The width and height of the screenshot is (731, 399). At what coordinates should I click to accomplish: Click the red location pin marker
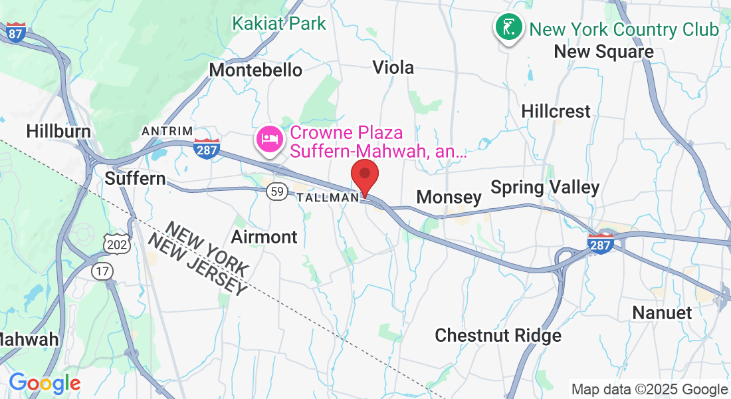(365, 176)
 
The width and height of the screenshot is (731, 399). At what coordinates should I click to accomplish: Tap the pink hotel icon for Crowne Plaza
(270, 140)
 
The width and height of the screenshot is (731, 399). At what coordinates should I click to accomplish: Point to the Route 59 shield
(277, 192)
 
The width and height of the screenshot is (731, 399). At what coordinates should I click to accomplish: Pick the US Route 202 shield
(113, 244)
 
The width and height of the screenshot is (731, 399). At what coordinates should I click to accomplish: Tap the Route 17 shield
(103, 271)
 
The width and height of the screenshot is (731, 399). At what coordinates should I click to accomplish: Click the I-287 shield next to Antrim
(207, 150)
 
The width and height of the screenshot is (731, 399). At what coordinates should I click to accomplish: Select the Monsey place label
(449, 197)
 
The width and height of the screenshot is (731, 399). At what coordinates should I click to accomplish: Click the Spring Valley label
(545, 188)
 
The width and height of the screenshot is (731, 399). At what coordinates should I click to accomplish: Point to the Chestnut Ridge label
(498, 336)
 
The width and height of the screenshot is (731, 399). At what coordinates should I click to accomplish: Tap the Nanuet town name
(662, 313)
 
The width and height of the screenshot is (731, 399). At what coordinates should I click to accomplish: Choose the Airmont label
(264, 237)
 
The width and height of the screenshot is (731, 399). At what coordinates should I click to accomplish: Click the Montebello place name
(256, 70)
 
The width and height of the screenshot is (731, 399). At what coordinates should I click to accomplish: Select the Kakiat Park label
(279, 24)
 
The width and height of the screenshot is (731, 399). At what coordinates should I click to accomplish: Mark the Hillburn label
(58, 131)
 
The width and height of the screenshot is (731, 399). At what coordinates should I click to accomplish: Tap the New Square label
(604, 52)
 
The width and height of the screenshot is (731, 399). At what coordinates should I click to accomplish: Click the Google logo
(45, 383)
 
